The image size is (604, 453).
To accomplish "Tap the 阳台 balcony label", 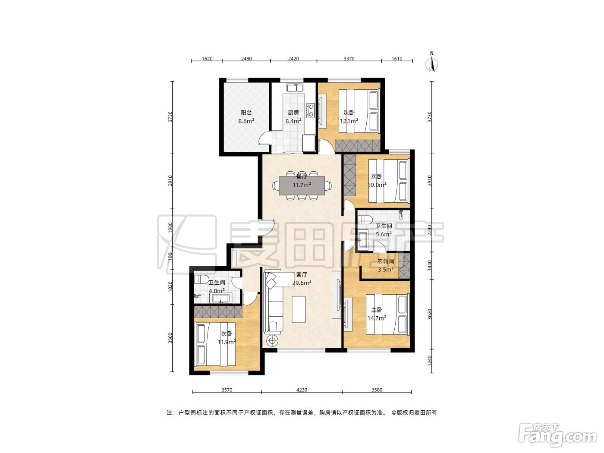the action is point(246,113).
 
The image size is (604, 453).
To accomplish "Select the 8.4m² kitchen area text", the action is point(293,121).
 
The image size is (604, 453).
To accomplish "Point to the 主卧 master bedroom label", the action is point(377,310).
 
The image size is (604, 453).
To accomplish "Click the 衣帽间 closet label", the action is point(386,261).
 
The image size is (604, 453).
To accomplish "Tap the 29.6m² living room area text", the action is point(302,283).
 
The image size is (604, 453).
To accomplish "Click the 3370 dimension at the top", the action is point(349,59).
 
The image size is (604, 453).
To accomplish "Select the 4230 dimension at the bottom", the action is point(302,390).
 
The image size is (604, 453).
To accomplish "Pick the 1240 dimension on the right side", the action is point(430,360).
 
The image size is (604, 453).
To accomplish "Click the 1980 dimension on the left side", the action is point(170,228).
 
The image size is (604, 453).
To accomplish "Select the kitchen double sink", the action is point(295,88).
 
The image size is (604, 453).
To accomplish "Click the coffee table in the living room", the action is point(299,309).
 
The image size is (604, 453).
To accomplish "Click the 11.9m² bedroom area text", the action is point(227,342).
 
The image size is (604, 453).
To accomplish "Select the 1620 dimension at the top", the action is point(207,59).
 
